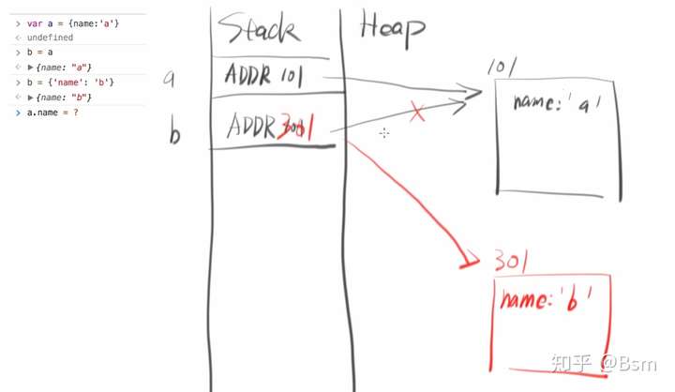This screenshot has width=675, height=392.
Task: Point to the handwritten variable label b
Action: pyautogui.click(x=174, y=133)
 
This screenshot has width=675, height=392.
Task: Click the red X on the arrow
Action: pyautogui.click(x=417, y=113)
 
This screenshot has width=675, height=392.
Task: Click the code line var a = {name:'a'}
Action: pyautogui.click(x=66, y=22)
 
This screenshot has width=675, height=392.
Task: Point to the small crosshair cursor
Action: pyautogui.click(x=384, y=134)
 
